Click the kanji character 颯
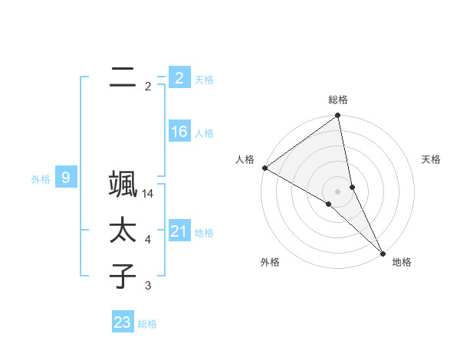click(x=123, y=187)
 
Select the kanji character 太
click(x=123, y=231)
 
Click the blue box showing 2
click(x=179, y=77)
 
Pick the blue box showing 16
click(x=179, y=132)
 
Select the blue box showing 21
click(x=179, y=231)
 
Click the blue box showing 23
click(x=123, y=322)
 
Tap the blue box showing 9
click(x=66, y=178)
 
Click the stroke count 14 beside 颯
click(x=148, y=195)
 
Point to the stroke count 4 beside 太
click(x=148, y=241)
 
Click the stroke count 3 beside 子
click(x=148, y=286)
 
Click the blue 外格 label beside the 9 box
click(x=41, y=179)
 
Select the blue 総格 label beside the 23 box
click(x=147, y=323)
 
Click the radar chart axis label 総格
click(x=338, y=100)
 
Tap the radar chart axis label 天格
click(x=432, y=159)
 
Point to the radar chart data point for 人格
click(x=264, y=168)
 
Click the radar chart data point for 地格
click(x=383, y=251)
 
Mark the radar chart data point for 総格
click(x=337, y=116)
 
